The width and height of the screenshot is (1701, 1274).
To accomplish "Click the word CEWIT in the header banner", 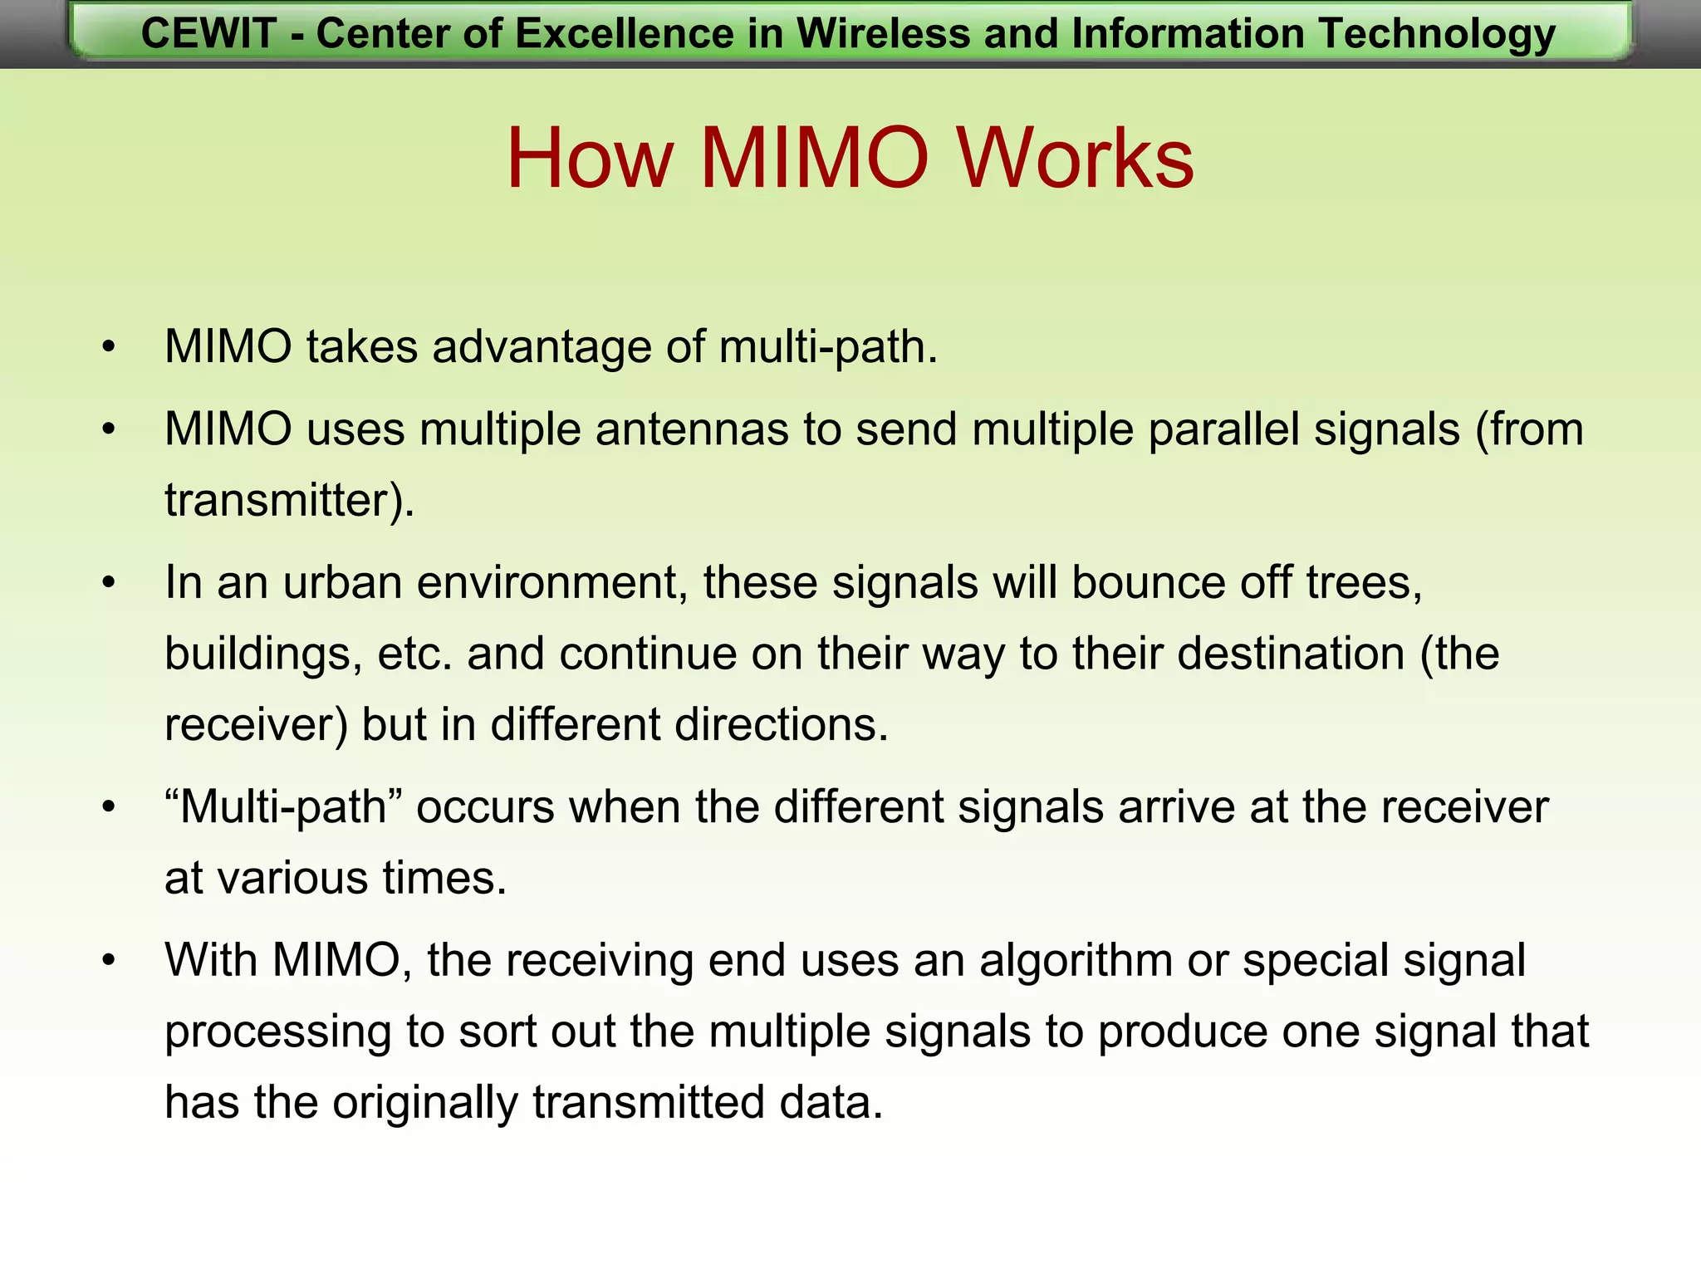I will tap(208, 34).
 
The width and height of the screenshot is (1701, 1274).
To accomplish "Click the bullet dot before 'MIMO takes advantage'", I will tap(109, 347).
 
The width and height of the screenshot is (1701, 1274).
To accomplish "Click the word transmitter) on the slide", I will tap(289, 501).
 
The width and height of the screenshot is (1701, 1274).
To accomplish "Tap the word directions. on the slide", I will tap(781, 724).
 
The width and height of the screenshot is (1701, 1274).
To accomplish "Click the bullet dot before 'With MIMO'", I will tap(109, 961).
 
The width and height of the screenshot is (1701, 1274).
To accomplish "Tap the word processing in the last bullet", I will tap(278, 1032).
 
